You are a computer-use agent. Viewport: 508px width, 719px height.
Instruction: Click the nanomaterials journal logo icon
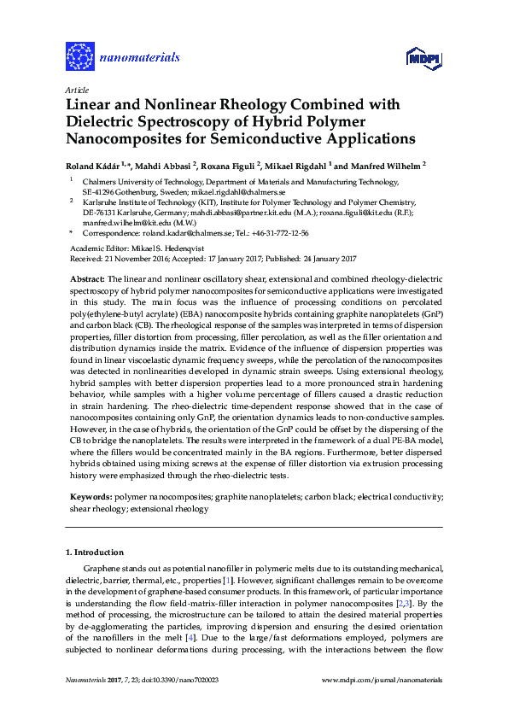point(79,57)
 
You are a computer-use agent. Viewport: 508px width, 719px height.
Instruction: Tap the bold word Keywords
point(90,496)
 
